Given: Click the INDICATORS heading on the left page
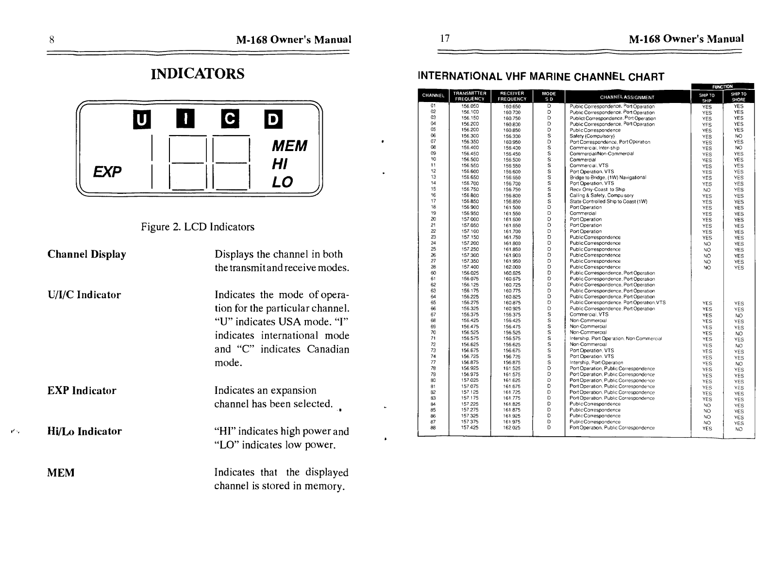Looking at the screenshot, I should coord(198,74).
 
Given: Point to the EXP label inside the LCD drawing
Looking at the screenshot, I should coord(107,171).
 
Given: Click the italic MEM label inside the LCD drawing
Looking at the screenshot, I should coord(289,146).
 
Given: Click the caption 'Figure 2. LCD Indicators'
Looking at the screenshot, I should coord(198,227).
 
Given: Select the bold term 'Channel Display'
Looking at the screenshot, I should coord(87,254).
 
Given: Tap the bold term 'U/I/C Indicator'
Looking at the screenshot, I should coord(84,295).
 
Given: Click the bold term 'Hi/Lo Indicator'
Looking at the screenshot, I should coord(84,431).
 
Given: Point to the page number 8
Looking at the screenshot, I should coord(51,39).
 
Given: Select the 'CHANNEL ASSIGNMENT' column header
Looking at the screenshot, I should coord(627,97).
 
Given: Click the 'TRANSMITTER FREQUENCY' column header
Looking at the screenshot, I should coord(469,96).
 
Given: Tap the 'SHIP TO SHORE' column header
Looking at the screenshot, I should coord(738,97).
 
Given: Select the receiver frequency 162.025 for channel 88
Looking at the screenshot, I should coord(512,428).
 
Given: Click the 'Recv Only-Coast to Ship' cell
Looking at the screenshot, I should coord(597,189).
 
